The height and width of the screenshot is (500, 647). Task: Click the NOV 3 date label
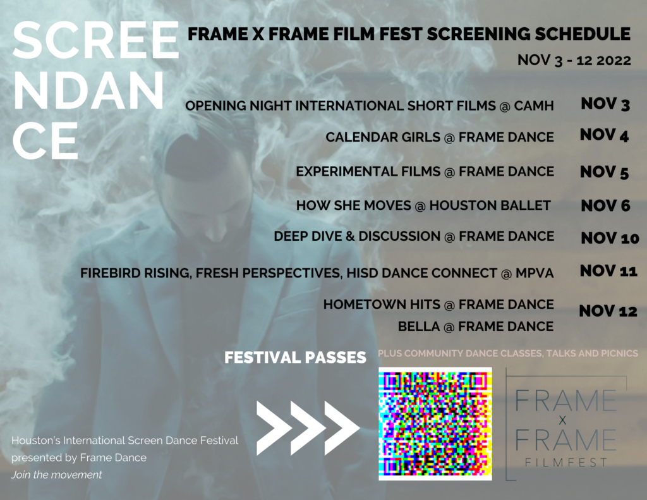(605, 104)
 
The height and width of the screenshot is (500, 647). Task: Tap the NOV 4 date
(604, 135)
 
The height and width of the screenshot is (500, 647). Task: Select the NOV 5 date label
(604, 172)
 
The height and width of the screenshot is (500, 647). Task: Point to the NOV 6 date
(605, 205)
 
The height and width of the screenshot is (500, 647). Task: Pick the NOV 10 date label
(610, 238)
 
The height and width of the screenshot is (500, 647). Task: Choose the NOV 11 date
(608, 272)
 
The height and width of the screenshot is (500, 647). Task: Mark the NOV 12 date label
(608, 311)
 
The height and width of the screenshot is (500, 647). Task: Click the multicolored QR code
(435, 424)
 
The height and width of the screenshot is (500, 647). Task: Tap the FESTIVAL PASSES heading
(295, 358)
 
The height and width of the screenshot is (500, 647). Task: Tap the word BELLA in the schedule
(418, 327)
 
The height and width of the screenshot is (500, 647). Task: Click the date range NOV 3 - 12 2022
(574, 61)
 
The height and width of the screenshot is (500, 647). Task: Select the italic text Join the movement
(56, 475)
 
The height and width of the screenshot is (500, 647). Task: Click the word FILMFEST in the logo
(565, 463)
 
